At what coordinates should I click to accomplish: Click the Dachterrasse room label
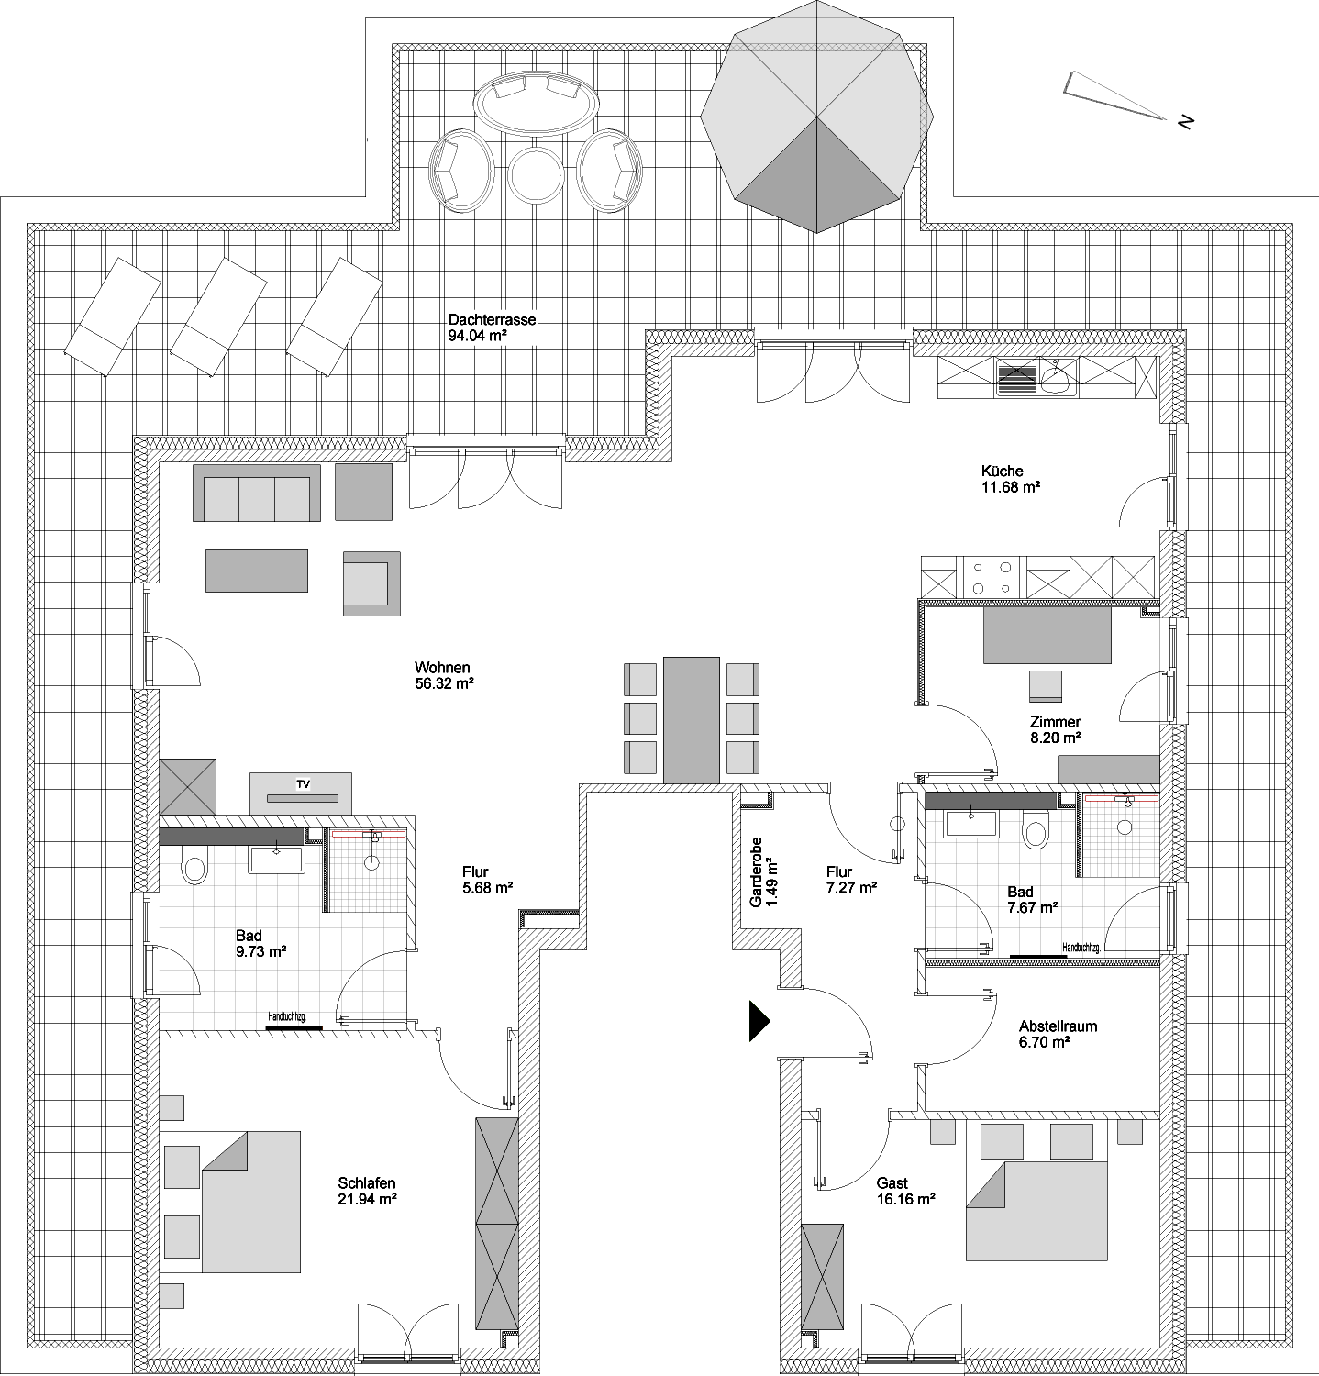tap(492, 320)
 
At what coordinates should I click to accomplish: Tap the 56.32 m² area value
tap(444, 683)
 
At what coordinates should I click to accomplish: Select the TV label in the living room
tap(303, 784)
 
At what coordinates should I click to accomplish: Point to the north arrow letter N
tap(1185, 121)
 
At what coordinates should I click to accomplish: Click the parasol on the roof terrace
tap(816, 117)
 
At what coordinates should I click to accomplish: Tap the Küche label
tap(1002, 472)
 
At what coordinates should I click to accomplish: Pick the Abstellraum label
tap(1059, 1026)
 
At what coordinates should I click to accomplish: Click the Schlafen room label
tap(367, 1183)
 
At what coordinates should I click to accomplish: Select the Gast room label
tap(892, 1183)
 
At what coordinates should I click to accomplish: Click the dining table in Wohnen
tap(692, 719)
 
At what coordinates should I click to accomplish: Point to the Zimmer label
tap(1055, 722)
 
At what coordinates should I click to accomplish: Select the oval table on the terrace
tap(536, 103)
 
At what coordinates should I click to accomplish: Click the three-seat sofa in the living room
tap(257, 493)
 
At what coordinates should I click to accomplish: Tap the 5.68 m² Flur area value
tap(488, 887)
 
